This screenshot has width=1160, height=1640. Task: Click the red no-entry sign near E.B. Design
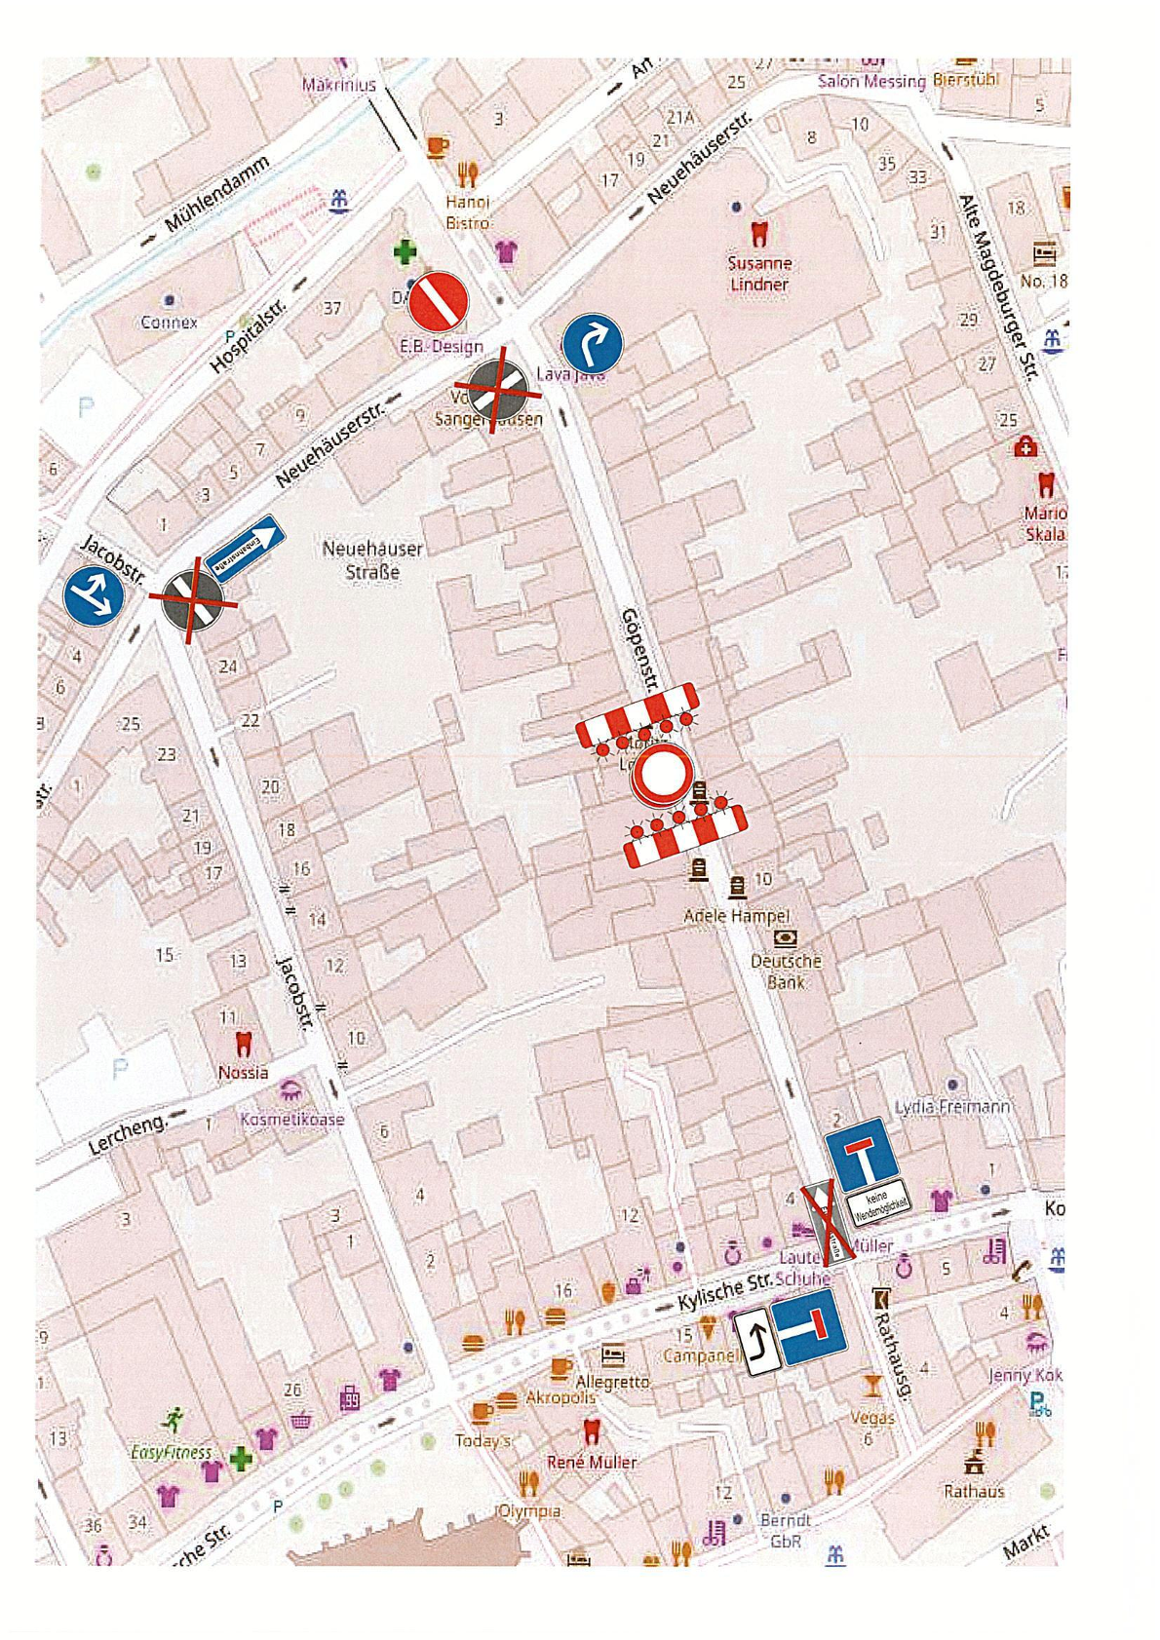[438, 302]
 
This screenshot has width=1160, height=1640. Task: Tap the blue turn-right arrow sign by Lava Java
[592, 344]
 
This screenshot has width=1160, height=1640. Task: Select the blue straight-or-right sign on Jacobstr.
[94, 596]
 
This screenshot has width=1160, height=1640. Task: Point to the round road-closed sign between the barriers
[662, 775]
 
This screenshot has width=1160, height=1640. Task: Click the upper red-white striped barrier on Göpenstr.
[638, 716]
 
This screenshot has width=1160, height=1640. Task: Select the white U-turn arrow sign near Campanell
[756, 1342]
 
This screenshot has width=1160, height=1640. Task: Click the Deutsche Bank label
[786, 971]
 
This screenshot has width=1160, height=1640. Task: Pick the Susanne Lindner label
[759, 274]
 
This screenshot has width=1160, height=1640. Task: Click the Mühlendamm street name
[215, 195]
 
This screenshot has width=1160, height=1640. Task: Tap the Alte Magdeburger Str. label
[998, 286]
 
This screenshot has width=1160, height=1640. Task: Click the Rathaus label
[973, 1491]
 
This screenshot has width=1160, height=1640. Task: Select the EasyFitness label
[171, 1452]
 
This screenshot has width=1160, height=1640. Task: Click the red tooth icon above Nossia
[244, 1044]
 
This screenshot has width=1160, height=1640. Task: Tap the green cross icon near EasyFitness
[241, 1459]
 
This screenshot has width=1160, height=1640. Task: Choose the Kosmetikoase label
[292, 1120]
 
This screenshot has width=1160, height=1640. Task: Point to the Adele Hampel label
[736, 916]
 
